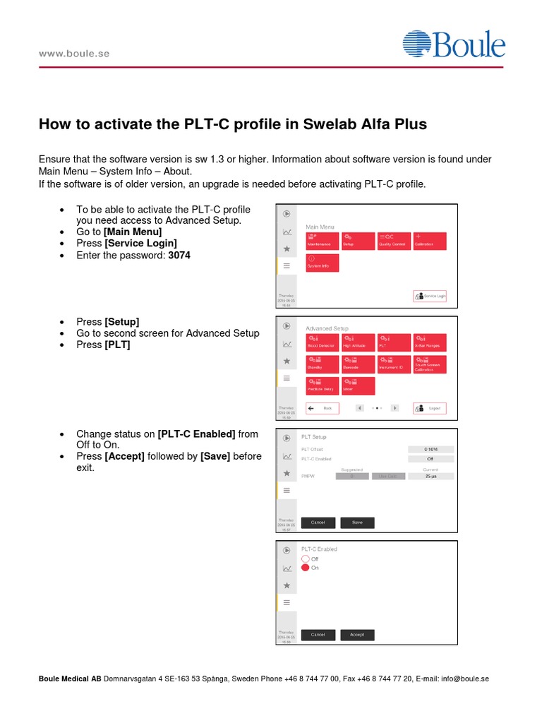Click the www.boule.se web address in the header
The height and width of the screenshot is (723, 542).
click(74, 54)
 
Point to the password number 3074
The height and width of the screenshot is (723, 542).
click(179, 256)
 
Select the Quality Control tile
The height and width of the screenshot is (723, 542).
click(393, 241)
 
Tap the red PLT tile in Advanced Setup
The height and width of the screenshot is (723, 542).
click(393, 342)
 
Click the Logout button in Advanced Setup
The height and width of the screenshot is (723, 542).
click(430, 408)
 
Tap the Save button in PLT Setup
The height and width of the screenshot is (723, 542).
click(357, 522)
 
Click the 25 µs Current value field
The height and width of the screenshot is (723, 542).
click(430, 477)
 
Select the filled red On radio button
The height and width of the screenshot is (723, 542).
click(306, 567)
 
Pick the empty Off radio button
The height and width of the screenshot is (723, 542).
click(306, 558)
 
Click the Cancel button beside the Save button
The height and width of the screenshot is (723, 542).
click(318, 522)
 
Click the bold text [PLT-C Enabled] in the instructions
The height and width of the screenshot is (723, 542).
click(198, 434)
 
